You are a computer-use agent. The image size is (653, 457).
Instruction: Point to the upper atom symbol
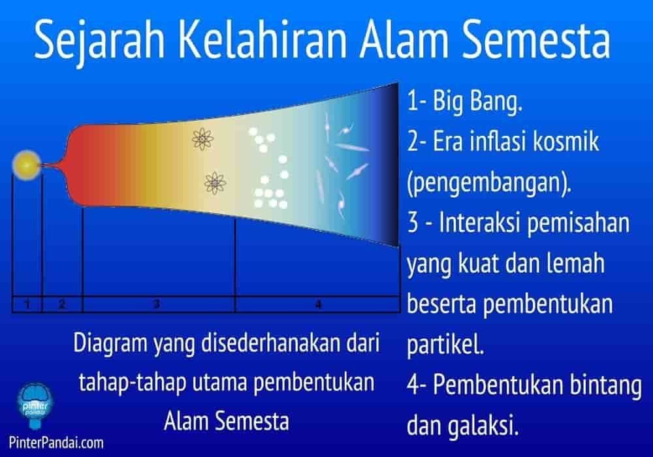(x=202, y=138)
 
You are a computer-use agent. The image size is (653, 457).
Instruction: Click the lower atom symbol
(x=212, y=183)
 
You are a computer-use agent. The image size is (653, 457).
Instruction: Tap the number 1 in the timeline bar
(x=27, y=304)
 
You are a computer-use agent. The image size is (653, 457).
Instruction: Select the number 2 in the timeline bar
(x=62, y=304)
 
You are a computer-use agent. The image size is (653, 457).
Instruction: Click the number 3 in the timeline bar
(x=157, y=304)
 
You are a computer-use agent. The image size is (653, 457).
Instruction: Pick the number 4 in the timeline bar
(x=318, y=304)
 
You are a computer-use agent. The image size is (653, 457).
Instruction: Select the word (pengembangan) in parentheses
(x=488, y=183)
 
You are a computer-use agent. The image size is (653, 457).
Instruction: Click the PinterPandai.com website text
(x=52, y=443)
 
